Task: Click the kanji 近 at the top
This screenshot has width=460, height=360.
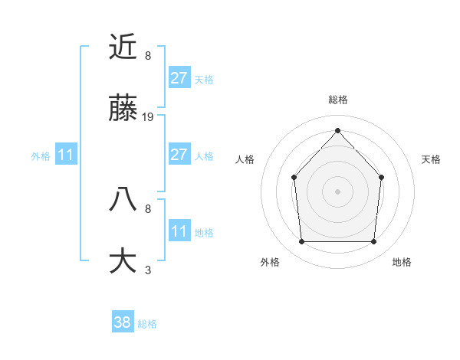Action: (x=123, y=47)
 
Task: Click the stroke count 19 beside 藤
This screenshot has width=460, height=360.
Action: (x=148, y=117)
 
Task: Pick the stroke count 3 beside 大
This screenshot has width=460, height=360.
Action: (x=148, y=270)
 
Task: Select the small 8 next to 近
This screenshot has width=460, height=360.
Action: (x=148, y=56)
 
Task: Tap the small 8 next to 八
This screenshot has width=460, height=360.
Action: (x=148, y=208)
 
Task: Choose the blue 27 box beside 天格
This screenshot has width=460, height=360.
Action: (x=179, y=78)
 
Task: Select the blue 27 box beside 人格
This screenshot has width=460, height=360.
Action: (x=179, y=155)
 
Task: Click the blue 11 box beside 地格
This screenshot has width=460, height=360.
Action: (x=179, y=231)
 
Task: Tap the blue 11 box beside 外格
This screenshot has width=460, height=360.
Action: (x=66, y=155)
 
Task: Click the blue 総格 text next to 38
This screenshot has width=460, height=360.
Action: (x=147, y=324)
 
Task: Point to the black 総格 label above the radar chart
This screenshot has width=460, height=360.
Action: (x=338, y=100)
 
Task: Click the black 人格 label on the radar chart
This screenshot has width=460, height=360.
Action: (x=245, y=159)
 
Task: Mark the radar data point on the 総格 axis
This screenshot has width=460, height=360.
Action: (x=337, y=130)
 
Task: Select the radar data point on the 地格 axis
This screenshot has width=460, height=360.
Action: (x=373, y=242)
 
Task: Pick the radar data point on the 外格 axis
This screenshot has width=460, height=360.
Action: (x=301, y=242)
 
